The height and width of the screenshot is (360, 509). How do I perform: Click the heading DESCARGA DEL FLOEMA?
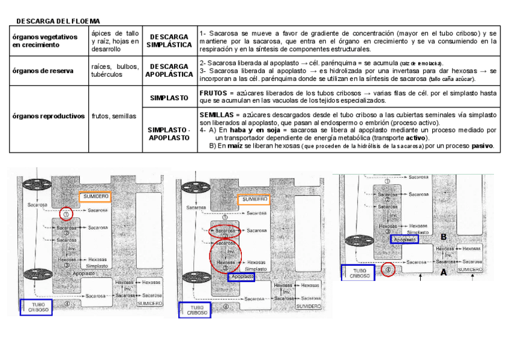[58, 21]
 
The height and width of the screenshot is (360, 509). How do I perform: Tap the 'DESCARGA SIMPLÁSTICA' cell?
[169, 41]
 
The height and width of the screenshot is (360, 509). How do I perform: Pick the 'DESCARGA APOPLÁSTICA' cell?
[169, 70]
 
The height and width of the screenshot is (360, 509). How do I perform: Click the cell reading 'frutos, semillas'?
[114, 116]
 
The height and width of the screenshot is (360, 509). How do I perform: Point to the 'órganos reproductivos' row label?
[49, 116]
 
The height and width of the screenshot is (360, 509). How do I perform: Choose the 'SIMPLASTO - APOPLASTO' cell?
[169, 134]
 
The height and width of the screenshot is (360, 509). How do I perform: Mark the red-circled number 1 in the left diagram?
[66, 213]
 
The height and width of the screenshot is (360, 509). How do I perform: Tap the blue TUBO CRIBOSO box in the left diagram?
[36, 307]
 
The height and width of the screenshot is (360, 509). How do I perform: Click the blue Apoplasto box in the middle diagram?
[241, 277]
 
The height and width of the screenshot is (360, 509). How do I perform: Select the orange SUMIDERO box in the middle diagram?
[254, 200]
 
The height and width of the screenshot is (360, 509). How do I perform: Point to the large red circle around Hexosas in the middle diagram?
[224, 257]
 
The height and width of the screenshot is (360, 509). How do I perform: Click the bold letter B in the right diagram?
[444, 236]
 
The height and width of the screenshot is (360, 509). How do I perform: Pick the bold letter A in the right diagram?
[444, 272]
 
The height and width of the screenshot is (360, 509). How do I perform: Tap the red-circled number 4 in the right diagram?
[388, 270]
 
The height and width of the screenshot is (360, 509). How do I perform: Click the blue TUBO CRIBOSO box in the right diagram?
[357, 272]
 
